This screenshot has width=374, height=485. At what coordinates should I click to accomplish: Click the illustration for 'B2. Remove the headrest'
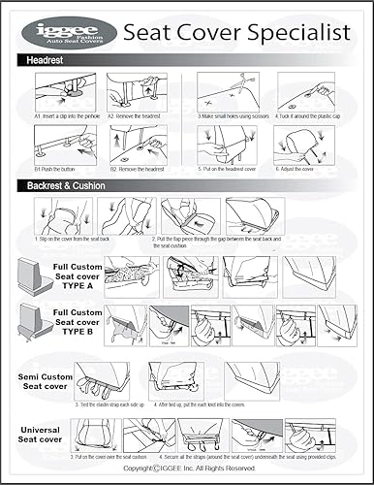click(x=137, y=143)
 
